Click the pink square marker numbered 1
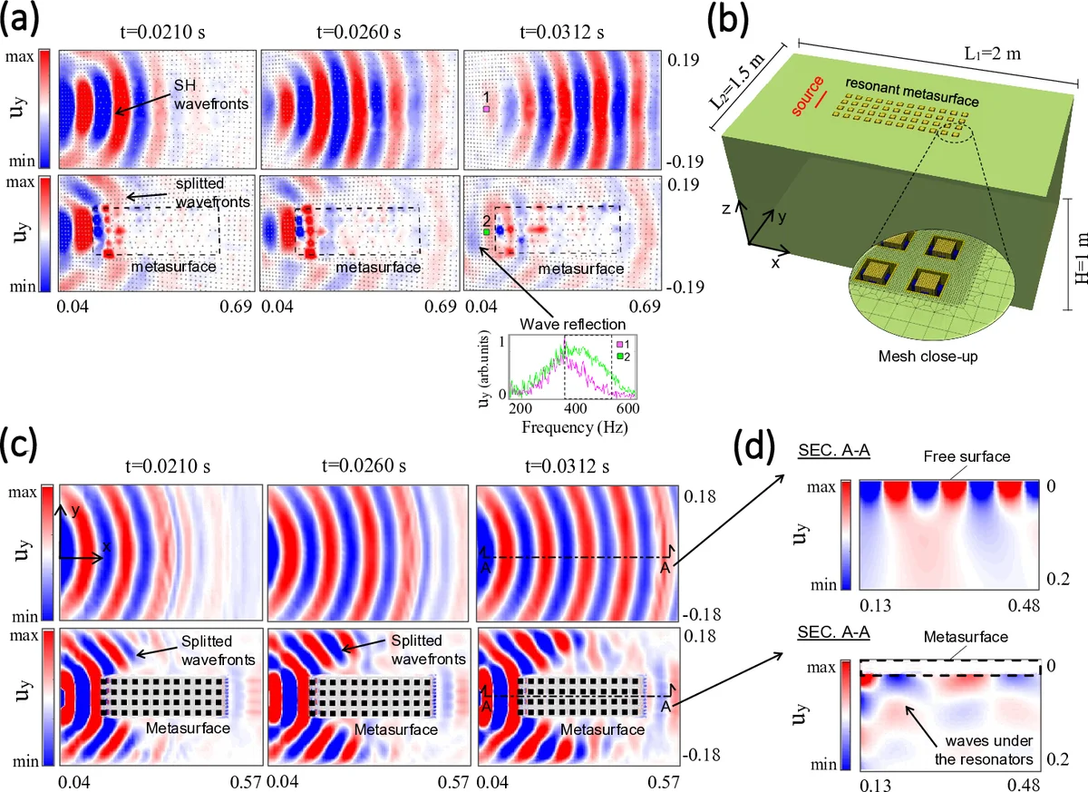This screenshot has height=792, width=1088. tap(487, 109)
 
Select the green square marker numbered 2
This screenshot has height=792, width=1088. tap(487, 232)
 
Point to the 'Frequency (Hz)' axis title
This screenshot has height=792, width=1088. tap(569, 425)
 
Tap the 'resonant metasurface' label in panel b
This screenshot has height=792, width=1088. tap(902, 84)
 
